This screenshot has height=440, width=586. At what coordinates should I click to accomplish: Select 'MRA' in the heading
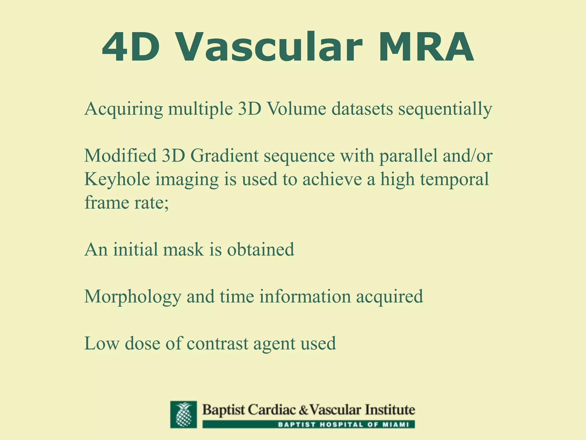[x=426, y=47]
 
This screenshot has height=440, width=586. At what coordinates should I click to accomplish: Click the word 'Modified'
[x=120, y=156]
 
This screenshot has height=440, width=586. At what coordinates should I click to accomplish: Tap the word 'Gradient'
[x=224, y=156]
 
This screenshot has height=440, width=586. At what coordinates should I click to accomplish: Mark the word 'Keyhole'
[x=117, y=180]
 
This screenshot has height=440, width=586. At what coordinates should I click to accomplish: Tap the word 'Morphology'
[x=132, y=297]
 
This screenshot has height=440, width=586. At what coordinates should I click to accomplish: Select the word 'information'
[x=305, y=296]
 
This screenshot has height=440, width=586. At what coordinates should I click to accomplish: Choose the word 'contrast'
[x=217, y=343]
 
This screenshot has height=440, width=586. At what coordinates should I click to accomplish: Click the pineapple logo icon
[x=183, y=415]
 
